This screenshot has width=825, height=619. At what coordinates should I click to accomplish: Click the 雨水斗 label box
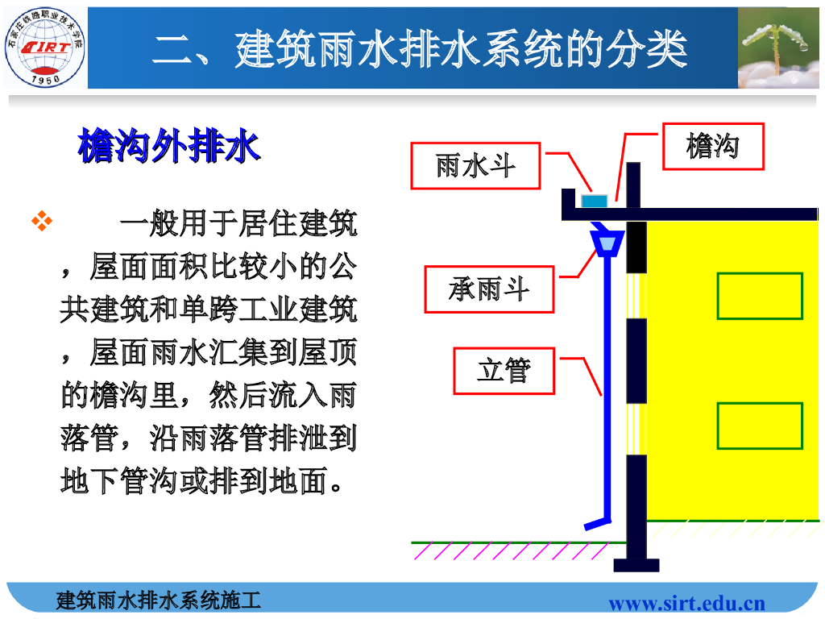tap(475, 166)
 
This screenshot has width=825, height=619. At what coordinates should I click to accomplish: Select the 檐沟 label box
tap(713, 146)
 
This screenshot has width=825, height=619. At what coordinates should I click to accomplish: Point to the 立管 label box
tap(504, 371)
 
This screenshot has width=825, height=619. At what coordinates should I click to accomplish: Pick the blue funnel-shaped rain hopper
tap(606, 241)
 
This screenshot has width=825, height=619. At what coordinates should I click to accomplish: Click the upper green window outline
tap(760, 296)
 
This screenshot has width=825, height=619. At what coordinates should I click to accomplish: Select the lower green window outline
tap(760, 426)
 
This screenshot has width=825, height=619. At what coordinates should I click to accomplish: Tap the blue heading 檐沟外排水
tap(168, 147)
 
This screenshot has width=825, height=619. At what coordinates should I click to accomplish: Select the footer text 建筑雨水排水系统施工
tap(159, 600)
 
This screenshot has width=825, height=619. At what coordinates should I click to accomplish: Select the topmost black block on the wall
tap(636, 246)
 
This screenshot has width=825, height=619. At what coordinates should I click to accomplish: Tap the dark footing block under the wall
tap(636, 565)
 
